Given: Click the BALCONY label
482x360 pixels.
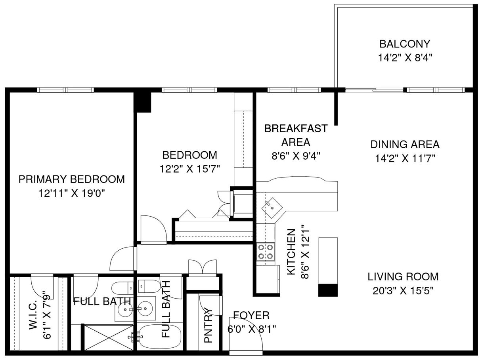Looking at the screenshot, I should tap(404, 44).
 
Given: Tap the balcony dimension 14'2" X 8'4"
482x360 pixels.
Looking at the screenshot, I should tap(404, 58).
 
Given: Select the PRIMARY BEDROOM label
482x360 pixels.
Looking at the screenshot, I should tap(72, 179).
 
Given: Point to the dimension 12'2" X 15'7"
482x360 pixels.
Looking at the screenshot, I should tap(190, 169).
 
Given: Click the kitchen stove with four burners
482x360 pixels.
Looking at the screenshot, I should tap(266, 251).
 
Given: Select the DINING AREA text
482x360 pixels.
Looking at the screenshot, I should tap(405, 144).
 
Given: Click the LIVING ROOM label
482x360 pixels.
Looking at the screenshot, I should tap(403, 276).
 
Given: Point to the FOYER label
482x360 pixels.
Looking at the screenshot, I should tap(251, 315).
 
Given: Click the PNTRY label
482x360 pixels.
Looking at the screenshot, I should tap(208, 326).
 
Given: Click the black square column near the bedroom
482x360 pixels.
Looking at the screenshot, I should tap(143, 101).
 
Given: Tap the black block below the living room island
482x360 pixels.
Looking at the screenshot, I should tap(329, 290).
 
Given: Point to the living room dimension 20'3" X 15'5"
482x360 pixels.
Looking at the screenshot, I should tap(403, 291).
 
